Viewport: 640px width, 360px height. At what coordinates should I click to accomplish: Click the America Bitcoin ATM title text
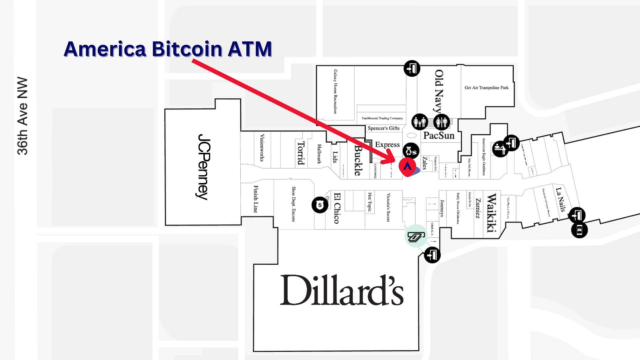click(168, 49)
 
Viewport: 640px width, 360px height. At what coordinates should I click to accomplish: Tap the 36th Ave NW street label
click(22, 116)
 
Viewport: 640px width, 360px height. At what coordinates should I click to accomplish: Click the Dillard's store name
click(342, 290)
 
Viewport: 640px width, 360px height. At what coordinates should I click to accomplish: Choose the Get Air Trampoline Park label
click(486, 88)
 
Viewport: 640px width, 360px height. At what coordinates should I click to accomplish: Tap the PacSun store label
click(439, 136)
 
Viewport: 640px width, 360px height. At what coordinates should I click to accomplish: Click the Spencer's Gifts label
click(383, 128)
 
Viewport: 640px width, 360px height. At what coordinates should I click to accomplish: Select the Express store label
click(387, 145)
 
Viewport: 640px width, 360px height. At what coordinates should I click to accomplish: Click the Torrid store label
click(301, 153)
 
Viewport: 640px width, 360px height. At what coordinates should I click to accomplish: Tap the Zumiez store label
click(478, 208)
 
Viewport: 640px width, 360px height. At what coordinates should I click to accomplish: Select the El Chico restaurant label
click(337, 208)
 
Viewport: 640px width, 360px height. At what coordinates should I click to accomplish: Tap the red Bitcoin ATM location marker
click(407, 166)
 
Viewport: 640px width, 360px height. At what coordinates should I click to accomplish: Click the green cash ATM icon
click(416, 236)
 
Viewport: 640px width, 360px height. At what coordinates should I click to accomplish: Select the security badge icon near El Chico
click(320, 205)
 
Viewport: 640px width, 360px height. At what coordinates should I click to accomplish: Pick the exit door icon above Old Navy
click(412, 69)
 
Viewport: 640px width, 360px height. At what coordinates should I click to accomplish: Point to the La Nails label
click(561, 200)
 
